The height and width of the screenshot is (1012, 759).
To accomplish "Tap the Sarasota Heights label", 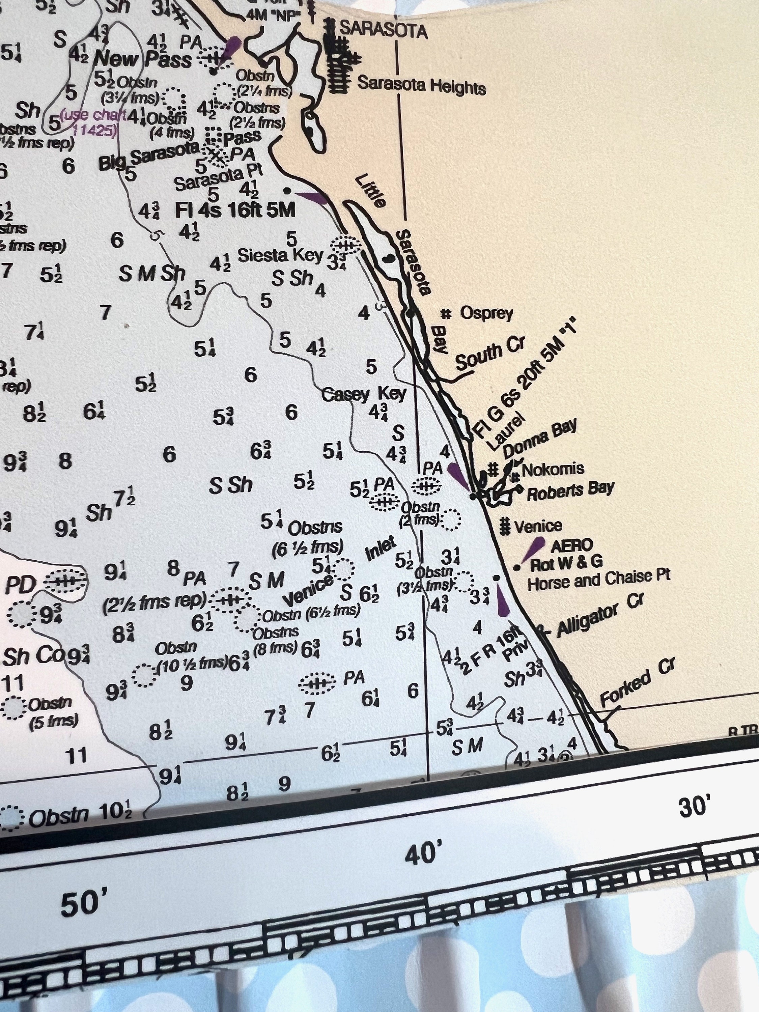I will tap(421, 85).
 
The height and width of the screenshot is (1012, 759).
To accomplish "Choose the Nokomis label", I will tap(553, 469).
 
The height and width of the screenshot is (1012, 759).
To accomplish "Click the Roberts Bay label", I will tap(570, 491).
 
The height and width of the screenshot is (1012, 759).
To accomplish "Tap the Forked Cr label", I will tap(637, 683).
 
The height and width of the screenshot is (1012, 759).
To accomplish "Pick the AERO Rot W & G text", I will tap(566, 554).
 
